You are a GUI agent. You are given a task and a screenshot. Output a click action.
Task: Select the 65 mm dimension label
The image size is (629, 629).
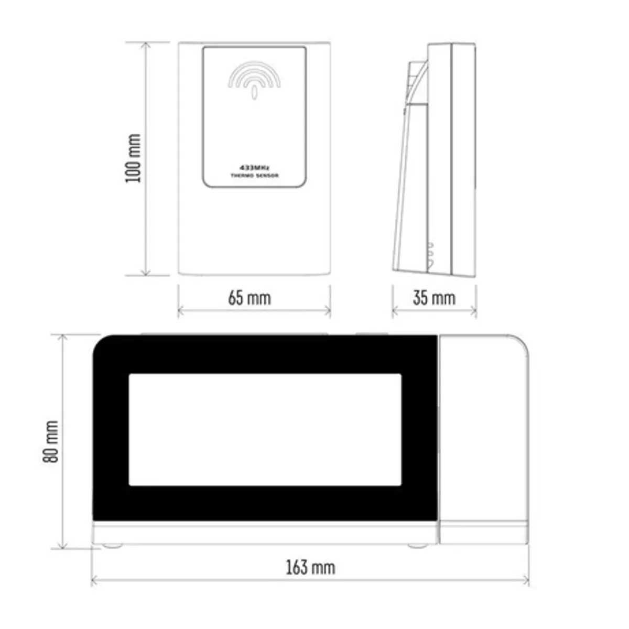tap(250, 298)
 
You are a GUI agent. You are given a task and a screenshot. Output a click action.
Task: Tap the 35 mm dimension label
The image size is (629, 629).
tap(434, 298)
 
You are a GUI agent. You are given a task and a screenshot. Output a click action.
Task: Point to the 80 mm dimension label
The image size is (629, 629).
tap(51, 442)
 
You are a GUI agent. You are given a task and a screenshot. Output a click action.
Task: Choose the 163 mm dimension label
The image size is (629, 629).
tap(310, 568)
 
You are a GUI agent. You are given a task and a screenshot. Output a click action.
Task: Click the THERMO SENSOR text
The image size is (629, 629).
tap(255, 176)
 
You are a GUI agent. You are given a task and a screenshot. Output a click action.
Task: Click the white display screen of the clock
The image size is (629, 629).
tap(265, 430)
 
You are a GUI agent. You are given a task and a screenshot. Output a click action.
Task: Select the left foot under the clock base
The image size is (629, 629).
tap(113, 546)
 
